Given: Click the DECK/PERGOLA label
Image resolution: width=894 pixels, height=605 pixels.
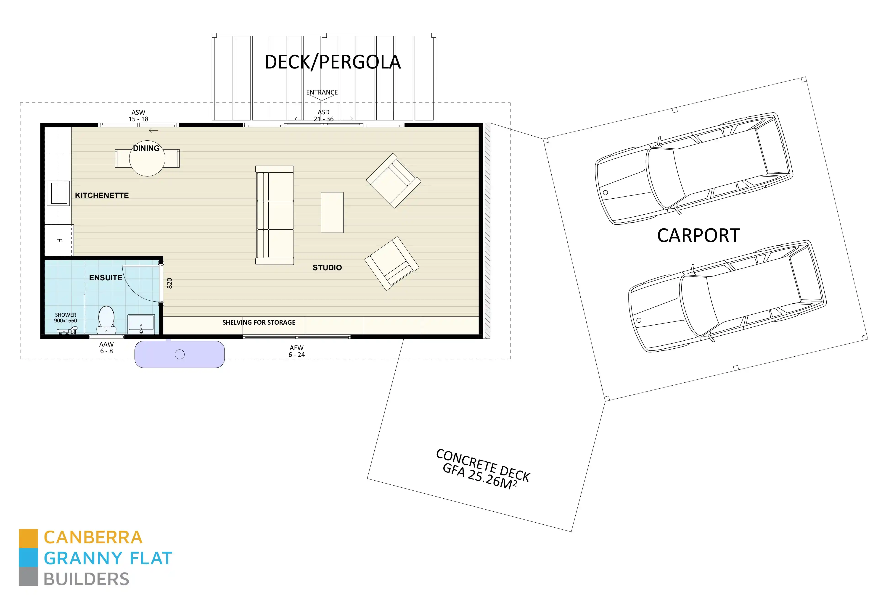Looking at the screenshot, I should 333,62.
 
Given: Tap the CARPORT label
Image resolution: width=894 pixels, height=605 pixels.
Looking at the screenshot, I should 698,235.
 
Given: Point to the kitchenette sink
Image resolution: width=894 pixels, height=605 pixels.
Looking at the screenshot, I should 58,193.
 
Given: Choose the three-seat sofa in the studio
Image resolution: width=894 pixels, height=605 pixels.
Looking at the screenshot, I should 275,215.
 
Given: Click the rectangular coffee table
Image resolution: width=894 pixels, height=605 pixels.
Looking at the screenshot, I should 332,212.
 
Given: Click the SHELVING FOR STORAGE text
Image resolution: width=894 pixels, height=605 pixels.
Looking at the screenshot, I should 259,322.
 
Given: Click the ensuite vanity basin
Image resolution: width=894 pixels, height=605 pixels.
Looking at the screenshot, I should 141,323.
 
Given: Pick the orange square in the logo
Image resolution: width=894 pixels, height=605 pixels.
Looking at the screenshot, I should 29,538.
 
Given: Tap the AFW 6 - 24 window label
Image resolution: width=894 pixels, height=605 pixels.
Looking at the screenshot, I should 296,351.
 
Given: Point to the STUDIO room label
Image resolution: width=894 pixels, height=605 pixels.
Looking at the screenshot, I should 327,268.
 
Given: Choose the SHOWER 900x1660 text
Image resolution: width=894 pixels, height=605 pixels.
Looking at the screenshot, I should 65,318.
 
